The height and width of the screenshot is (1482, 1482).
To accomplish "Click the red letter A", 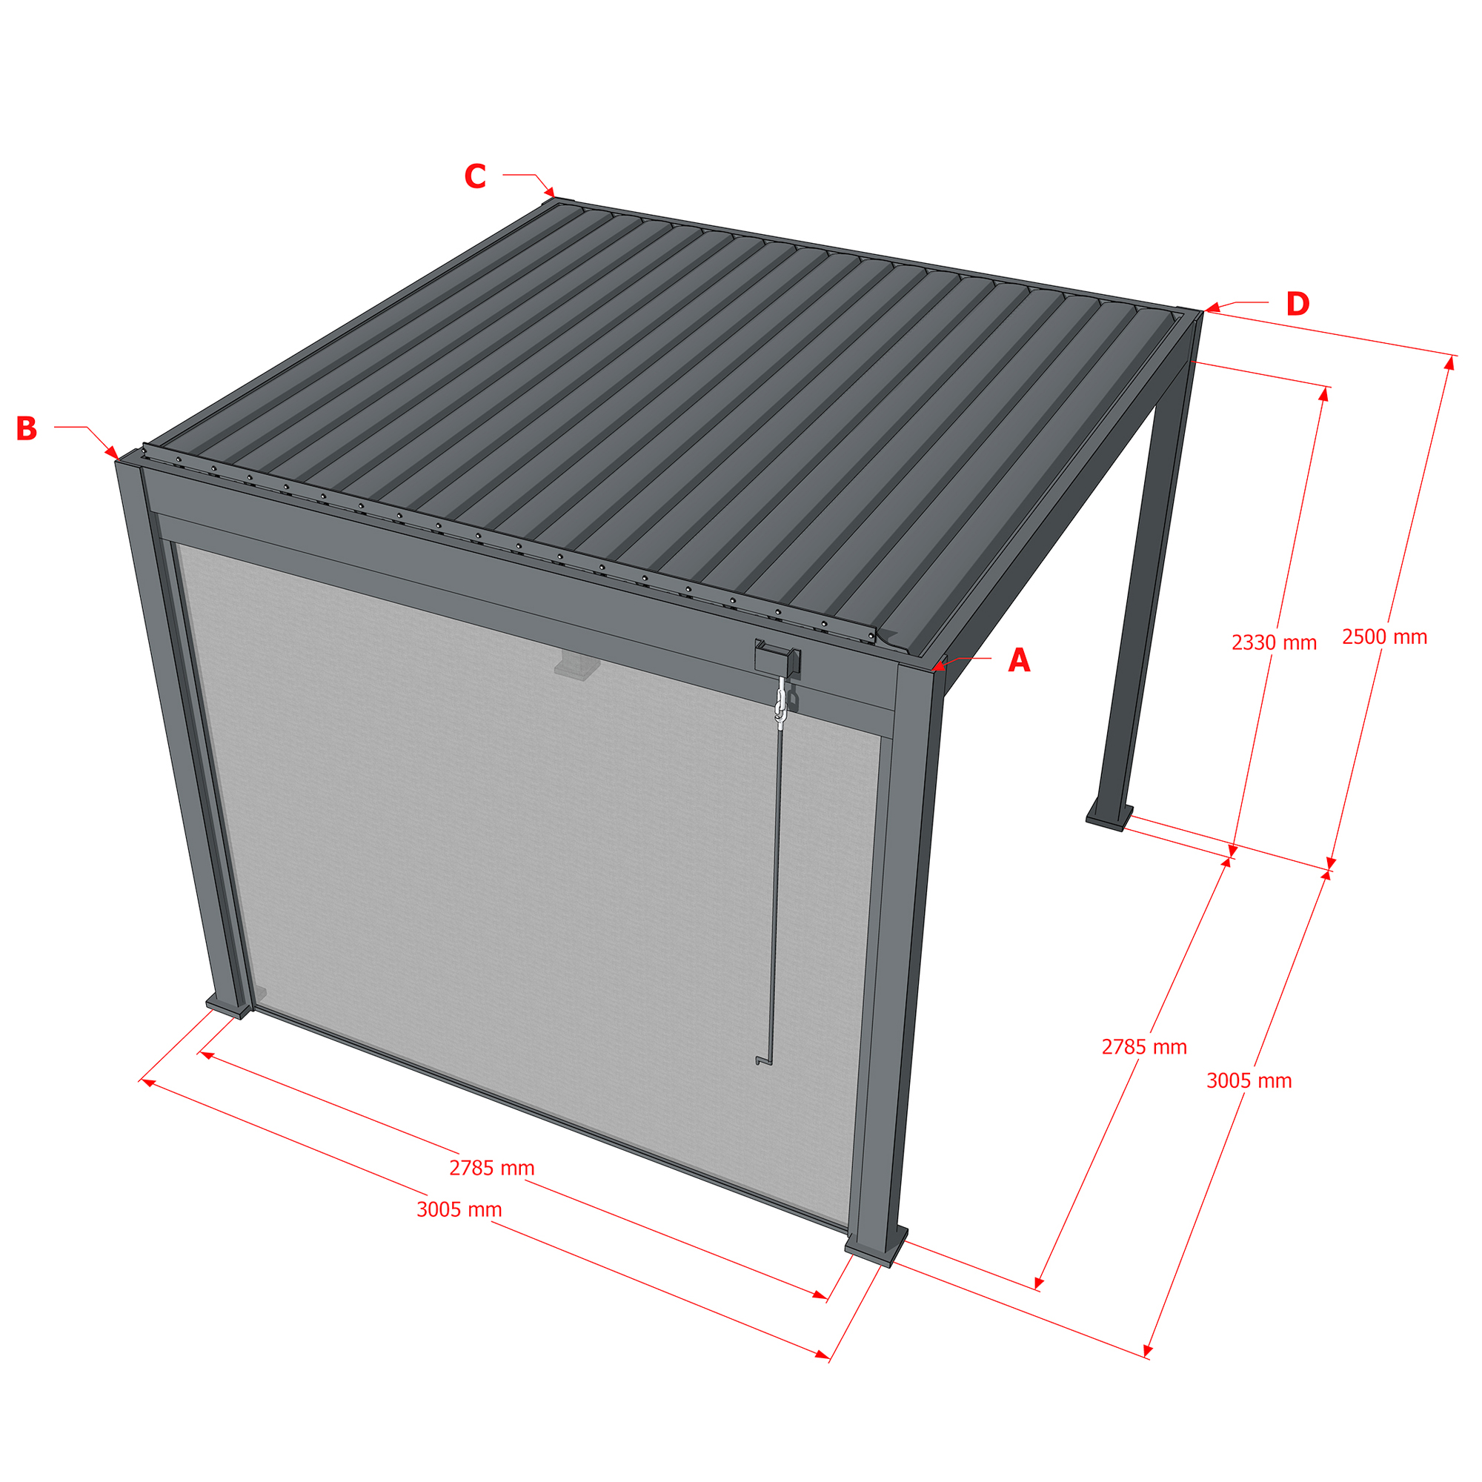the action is click(1019, 660).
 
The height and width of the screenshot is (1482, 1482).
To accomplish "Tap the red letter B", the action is click(27, 429).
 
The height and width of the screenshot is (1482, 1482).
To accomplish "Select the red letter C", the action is click(476, 176).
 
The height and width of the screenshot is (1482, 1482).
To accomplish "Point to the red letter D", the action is click(1298, 305).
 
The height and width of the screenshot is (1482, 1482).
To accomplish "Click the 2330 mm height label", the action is click(1274, 642).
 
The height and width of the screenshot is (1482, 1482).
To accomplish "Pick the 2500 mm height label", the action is click(1385, 637).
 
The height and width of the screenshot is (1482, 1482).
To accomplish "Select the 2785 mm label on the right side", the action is click(1145, 1047).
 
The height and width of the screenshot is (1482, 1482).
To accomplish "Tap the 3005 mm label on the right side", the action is click(1249, 1081).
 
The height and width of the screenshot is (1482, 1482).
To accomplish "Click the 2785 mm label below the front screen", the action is click(492, 1168).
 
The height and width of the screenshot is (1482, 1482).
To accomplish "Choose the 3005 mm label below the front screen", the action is click(459, 1210).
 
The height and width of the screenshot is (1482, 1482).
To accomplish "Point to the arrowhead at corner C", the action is click(549, 192).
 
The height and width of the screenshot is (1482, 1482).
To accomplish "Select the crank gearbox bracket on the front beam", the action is click(778, 659).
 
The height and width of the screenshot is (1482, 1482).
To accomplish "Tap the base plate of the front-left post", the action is click(228, 1006).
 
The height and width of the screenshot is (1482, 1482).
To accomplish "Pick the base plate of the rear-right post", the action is click(1109, 819).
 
